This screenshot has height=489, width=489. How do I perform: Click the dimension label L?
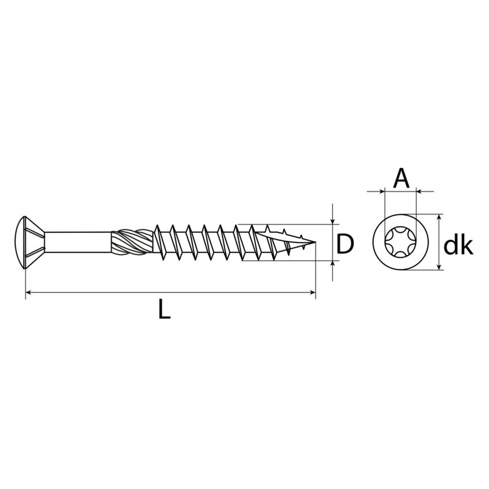pyautogui.click(x=164, y=308)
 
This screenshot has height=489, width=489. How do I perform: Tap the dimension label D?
pyautogui.click(x=345, y=244)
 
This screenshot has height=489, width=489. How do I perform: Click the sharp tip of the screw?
pyautogui.click(x=315, y=242)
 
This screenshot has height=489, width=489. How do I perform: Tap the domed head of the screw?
pyautogui.click(x=20, y=242)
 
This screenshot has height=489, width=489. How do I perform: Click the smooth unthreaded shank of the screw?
pyautogui.click(x=78, y=242)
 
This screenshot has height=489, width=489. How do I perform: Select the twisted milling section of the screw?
pyautogui.click(x=132, y=242)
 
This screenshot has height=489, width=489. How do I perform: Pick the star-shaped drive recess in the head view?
pyautogui.click(x=401, y=242)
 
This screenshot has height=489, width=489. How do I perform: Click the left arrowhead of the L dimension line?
pyautogui.click(x=29, y=293)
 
